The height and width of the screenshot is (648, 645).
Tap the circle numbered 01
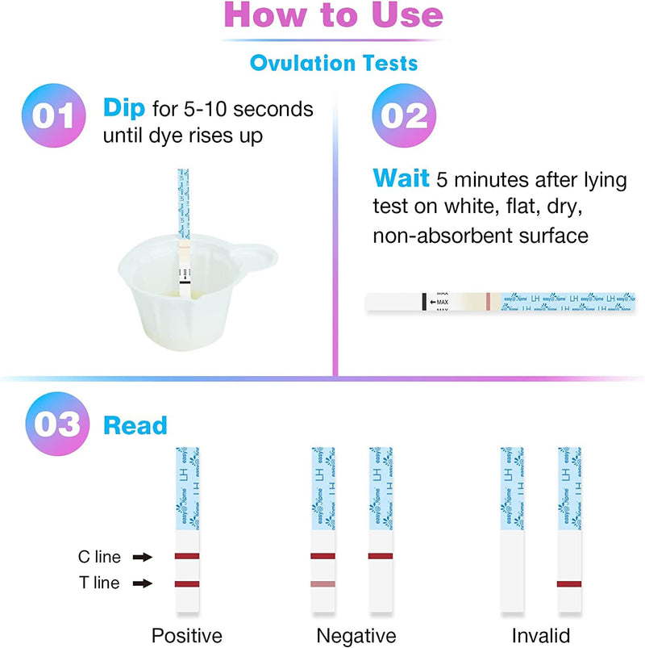(54, 118)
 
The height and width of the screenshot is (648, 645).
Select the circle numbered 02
(404, 118)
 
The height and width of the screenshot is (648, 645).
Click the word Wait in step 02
(402, 178)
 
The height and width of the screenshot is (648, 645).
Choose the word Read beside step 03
(135, 425)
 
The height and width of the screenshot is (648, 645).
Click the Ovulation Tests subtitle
(334, 61)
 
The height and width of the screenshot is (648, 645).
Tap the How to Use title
(333, 17)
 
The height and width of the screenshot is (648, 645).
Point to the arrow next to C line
(142, 557)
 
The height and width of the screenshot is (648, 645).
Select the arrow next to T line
(142, 583)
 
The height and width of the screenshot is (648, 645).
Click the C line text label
(99, 557)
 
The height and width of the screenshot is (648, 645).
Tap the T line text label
(99, 583)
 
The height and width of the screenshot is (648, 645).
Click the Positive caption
(187, 635)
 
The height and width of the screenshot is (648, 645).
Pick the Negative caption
(352, 635)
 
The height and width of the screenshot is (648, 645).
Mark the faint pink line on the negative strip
(323, 583)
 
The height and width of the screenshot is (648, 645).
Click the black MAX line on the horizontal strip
(422, 302)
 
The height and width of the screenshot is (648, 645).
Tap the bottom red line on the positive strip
(187, 583)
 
